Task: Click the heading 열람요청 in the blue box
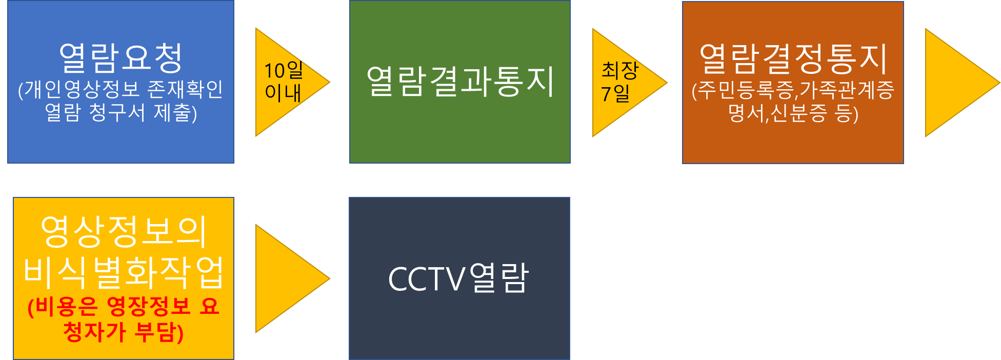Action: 121,57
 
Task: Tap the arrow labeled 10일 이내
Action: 287,82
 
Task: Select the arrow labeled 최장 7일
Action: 623,83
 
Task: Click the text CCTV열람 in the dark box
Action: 459,278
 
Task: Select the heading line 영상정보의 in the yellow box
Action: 124,232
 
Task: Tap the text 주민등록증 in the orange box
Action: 746,90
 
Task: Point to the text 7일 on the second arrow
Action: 615,93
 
